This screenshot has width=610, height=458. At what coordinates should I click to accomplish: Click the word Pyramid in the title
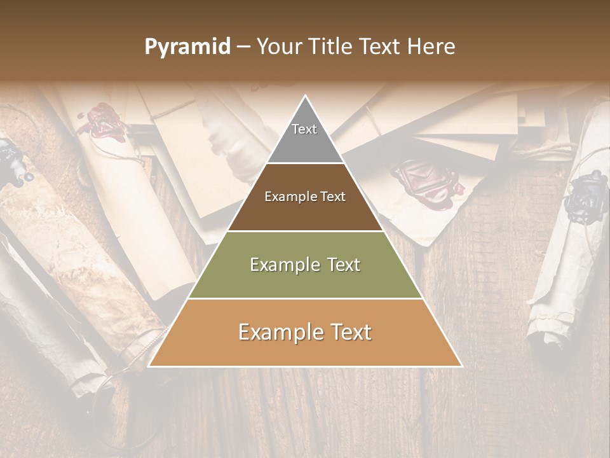(x=187, y=47)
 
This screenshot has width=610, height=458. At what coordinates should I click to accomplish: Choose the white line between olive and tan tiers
(x=305, y=298)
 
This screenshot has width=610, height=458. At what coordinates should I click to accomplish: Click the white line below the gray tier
(x=305, y=163)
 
